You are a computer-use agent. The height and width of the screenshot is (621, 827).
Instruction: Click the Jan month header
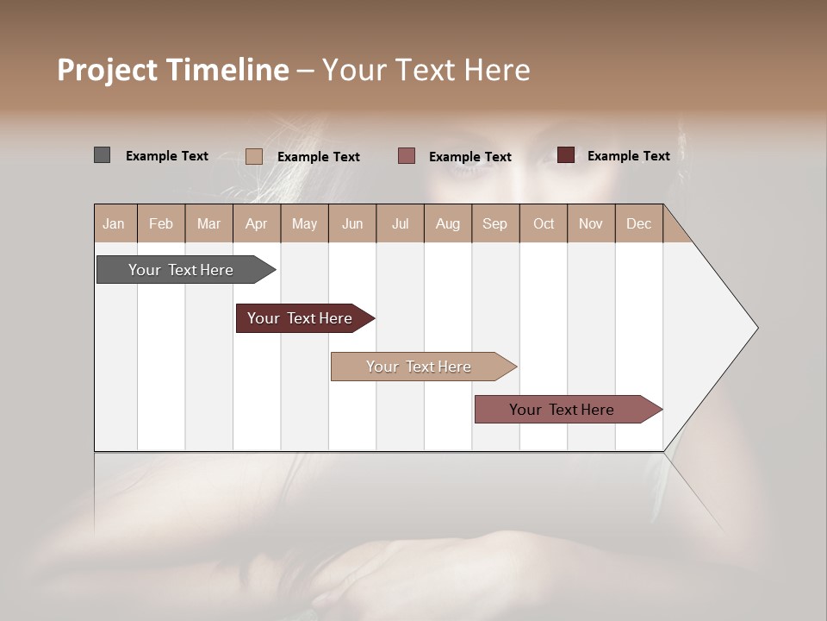[x=114, y=223]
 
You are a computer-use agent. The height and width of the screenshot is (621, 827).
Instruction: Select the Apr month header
[x=256, y=223]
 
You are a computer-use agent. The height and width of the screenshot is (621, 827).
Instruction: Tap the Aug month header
[x=447, y=223]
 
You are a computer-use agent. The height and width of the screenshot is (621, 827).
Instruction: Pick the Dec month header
[x=638, y=223]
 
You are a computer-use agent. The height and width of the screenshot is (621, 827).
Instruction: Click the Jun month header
[x=351, y=223]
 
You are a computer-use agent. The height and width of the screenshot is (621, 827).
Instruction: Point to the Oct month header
[x=543, y=223]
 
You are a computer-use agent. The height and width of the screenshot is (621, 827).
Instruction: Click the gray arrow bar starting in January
[x=181, y=270]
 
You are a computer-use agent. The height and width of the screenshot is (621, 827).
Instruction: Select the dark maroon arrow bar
[x=300, y=318]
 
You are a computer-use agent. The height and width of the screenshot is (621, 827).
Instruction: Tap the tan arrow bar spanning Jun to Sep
[x=419, y=367]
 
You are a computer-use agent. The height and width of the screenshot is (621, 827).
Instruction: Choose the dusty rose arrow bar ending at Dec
[x=562, y=410]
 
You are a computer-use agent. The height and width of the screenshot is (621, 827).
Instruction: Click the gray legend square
[x=102, y=155]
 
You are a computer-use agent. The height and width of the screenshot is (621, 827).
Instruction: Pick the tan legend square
[x=253, y=156]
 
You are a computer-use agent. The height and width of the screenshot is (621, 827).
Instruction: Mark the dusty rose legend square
[x=407, y=156]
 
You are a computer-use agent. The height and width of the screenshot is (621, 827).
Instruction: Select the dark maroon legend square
[x=566, y=155]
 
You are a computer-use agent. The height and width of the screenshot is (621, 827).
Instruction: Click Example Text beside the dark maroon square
[x=628, y=156]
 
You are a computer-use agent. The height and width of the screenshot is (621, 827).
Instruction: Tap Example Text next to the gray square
[x=166, y=156]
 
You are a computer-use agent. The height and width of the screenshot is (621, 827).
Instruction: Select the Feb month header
[x=161, y=223]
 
